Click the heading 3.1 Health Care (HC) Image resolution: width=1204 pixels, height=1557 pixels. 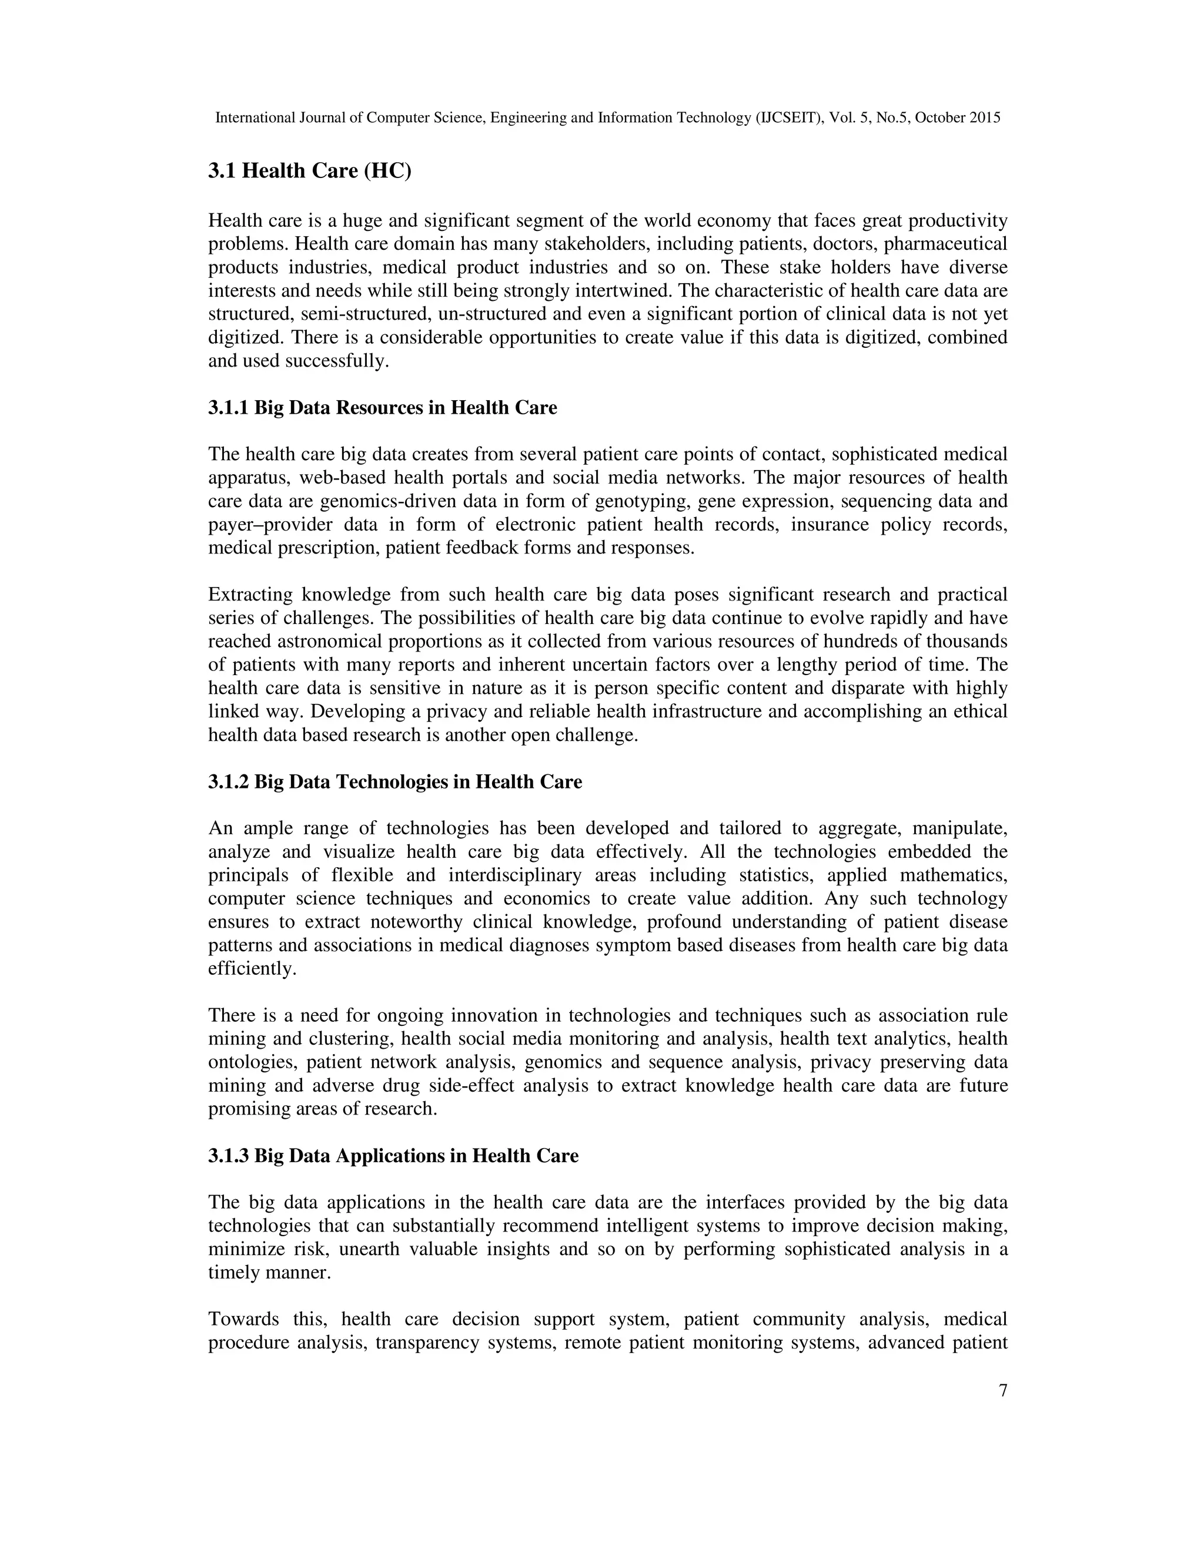point(310,172)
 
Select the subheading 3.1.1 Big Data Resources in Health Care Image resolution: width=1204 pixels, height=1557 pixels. point(382,408)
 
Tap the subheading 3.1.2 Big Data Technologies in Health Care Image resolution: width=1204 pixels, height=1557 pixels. point(394,782)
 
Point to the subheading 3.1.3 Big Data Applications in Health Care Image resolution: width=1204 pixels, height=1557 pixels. point(393,1156)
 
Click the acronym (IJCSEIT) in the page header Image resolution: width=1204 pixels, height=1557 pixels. point(790,118)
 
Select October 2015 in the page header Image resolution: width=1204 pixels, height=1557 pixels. point(957,118)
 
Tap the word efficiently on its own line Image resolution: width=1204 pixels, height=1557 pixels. point(251,969)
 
